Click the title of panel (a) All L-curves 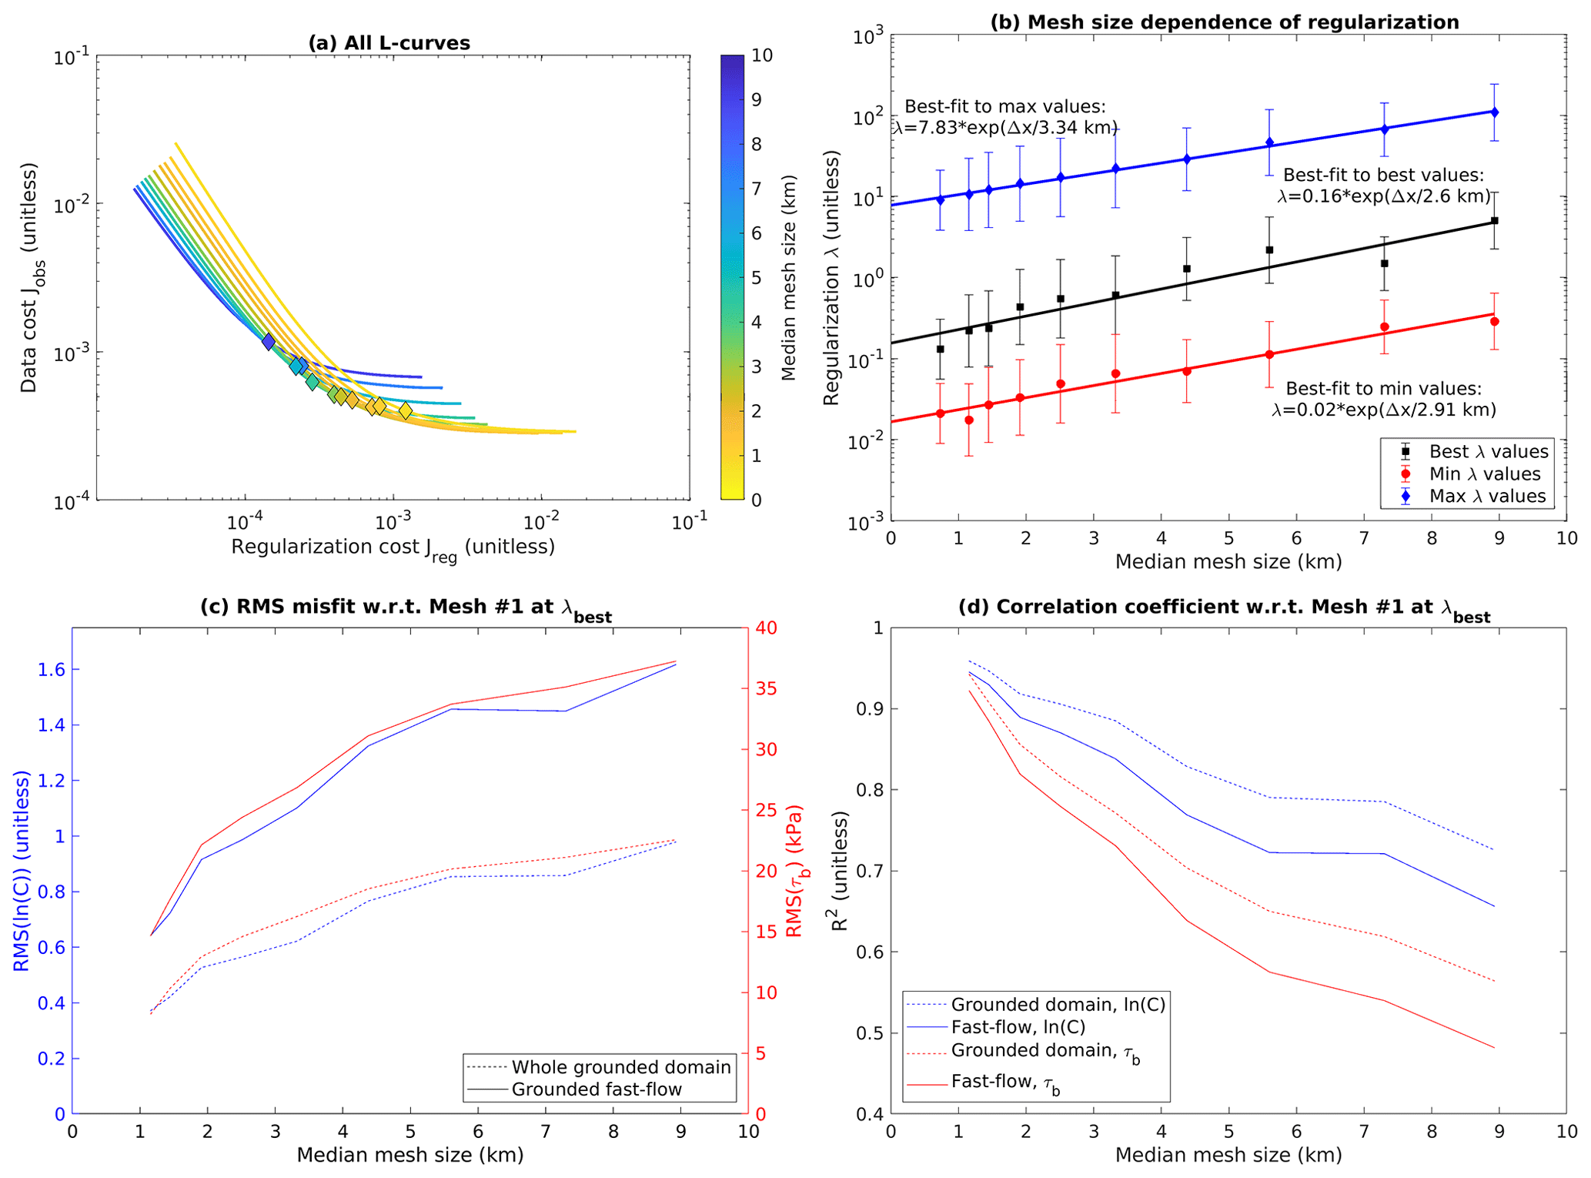click(x=389, y=43)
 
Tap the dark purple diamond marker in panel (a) click(x=268, y=342)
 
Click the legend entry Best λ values click(x=1488, y=452)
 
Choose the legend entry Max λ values click(x=1487, y=497)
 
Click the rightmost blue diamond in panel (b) click(x=1494, y=112)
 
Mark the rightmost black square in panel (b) click(x=1494, y=221)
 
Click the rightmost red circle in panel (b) click(x=1494, y=322)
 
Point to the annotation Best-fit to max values click(x=1004, y=107)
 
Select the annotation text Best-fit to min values click(x=1383, y=389)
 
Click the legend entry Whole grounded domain click(x=620, y=1067)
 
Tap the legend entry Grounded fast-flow click(x=597, y=1089)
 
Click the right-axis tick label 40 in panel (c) click(x=767, y=628)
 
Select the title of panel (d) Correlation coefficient click(x=1224, y=608)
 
